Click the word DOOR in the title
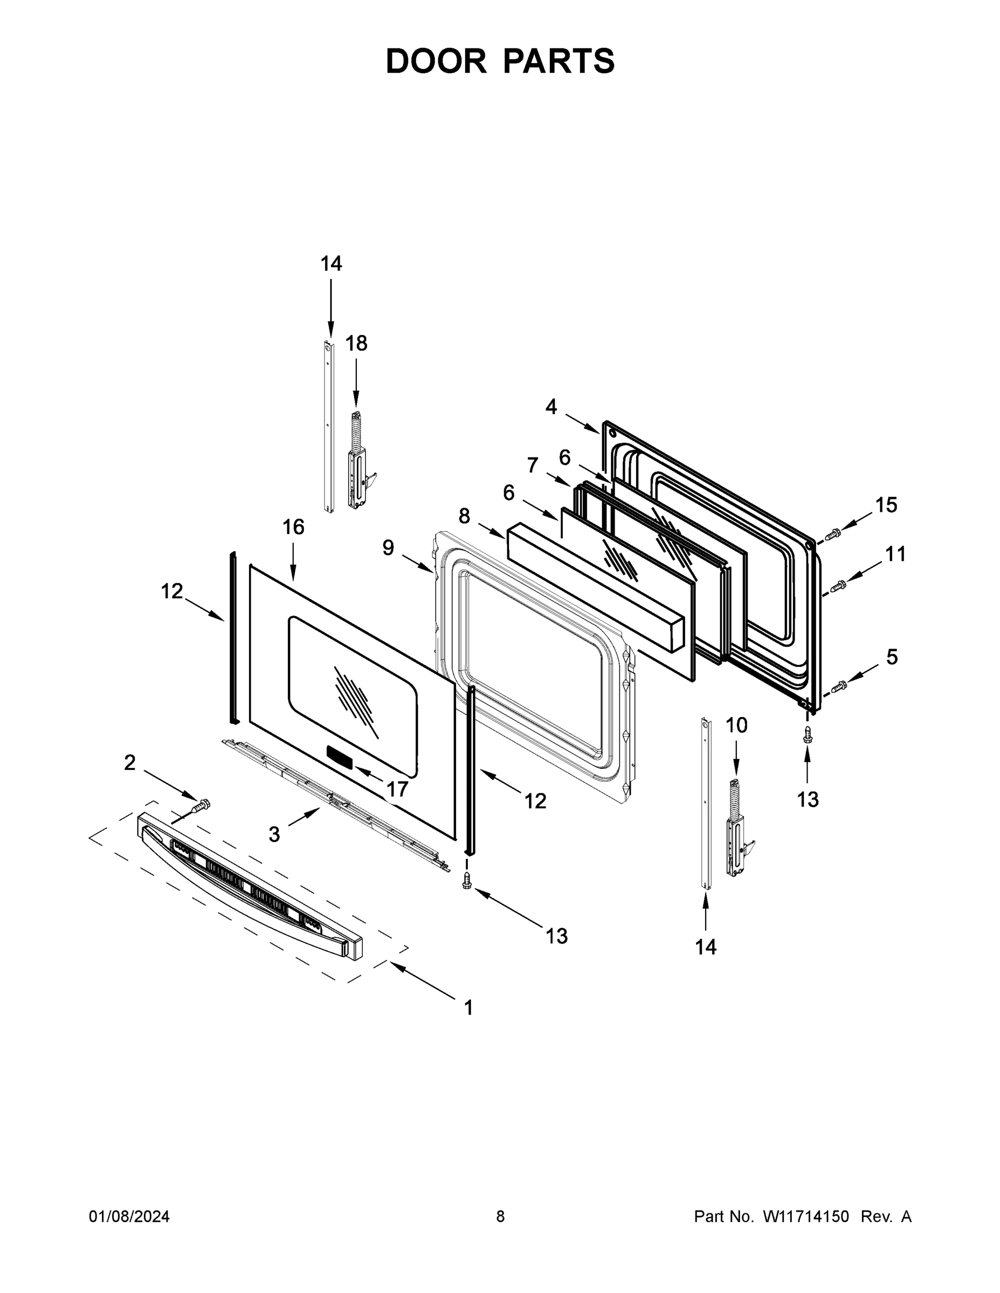(x=436, y=61)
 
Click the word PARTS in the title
(x=558, y=61)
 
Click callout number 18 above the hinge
(x=356, y=343)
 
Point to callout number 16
(x=293, y=527)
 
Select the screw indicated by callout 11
(x=838, y=586)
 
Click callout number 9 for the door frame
(x=388, y=547)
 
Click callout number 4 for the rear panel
(x=551, y=407)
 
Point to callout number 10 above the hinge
(x=736, y=725)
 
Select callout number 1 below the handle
(x=468, y=1007)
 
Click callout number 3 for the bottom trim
(x=274, y=834)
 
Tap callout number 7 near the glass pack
(x=533, y=465)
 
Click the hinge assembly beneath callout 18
(x=357, y=468)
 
